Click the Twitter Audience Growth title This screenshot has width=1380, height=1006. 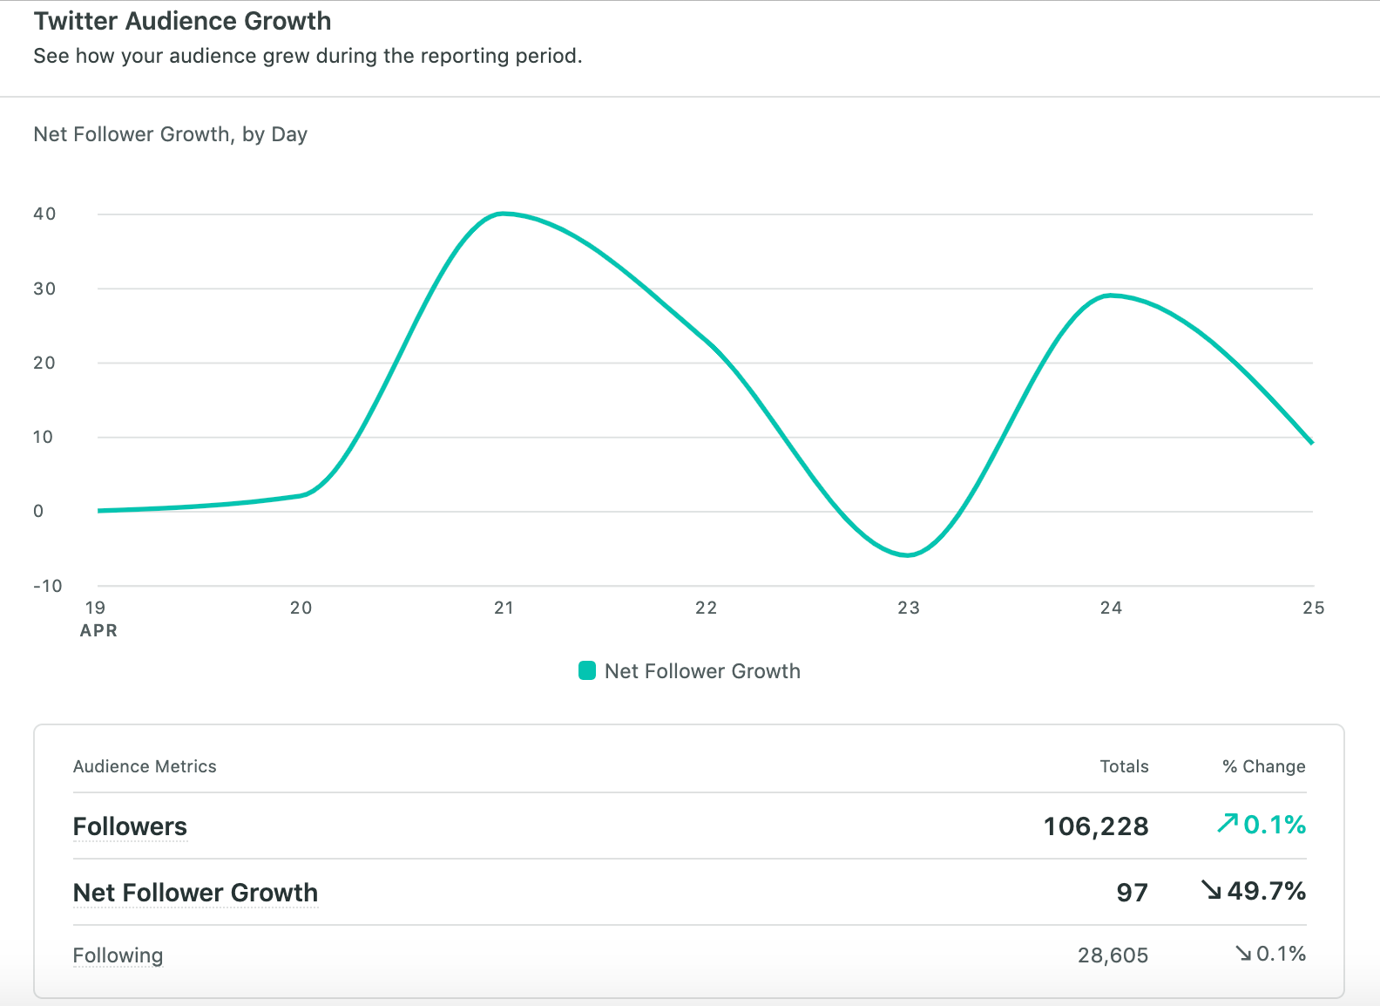tap(182, 21)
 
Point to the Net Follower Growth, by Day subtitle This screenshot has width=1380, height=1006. tap(170, 134)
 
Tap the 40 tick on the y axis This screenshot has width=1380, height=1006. tap(44, 214)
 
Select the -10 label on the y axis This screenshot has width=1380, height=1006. tap(47, 586)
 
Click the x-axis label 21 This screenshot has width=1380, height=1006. tap(504, 608)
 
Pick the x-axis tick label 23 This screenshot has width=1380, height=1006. tap(909, 608)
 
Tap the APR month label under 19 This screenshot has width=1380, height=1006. tap(98, 630)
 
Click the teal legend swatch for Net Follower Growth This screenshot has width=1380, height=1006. tap(587, 670)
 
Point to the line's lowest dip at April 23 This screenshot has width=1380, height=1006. tap(908, 554)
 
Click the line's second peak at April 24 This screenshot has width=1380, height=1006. tap(1110, 296)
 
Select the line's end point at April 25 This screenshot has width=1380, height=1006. tap(1311, 443)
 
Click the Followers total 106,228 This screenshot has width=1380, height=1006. tap(1096, 826)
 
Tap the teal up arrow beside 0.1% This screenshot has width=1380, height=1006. tap(1228, 823)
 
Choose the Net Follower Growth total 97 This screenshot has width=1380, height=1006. tap(1132, 893)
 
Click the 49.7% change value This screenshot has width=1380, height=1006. tap(1266, 891)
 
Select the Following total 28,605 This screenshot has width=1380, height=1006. tap(1113, 955)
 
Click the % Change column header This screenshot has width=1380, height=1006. tap(1263, 766)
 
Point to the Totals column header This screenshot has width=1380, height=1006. tap(1124, 766)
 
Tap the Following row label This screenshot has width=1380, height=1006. tap(118, 955)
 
